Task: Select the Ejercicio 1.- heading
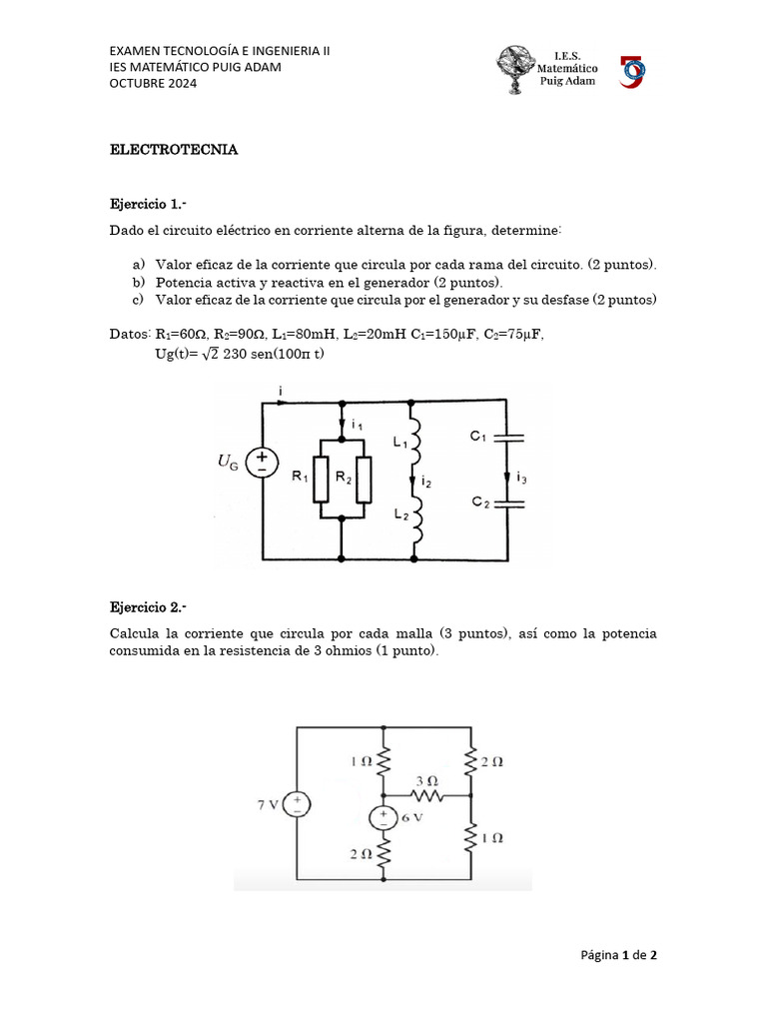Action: pos(148,204)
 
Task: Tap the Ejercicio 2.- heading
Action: pos(148,607)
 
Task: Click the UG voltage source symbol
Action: pos(262,461)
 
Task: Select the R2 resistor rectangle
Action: pos(364,478)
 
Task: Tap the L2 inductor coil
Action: pos(415,516)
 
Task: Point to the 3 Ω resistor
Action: pos(428,795)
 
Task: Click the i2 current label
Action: pos(426,481)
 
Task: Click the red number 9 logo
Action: pos(633,71)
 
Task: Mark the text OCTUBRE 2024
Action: pos(153,83)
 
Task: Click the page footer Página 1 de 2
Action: pos(619,955)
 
